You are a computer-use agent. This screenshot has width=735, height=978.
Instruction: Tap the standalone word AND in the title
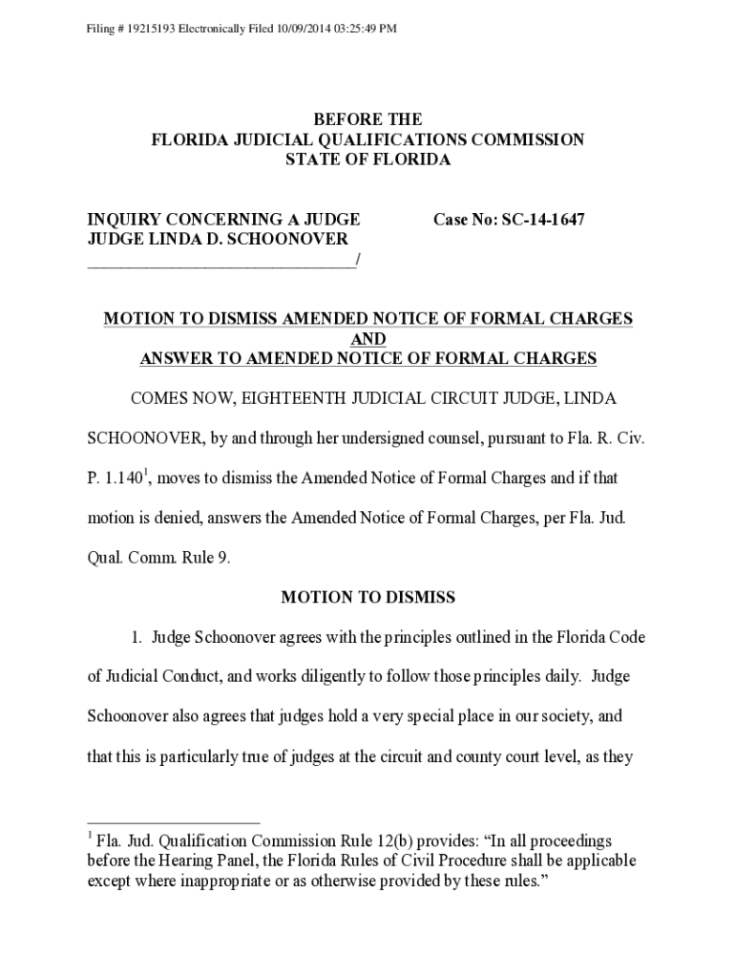[368, 339]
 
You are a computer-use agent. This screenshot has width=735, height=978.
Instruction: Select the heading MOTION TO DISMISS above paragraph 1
[368, 598]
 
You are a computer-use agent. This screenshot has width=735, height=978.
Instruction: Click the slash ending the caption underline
[357, 260]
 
